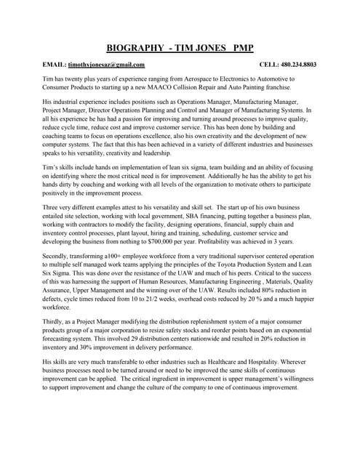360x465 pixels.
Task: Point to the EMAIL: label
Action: coord(55,65)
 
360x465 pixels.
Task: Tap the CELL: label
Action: coord(270,65)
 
